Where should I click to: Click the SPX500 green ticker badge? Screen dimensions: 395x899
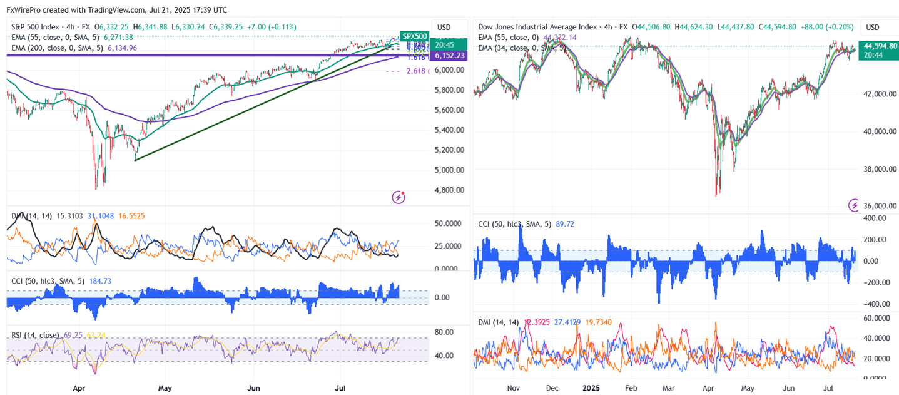(x=414, y=36)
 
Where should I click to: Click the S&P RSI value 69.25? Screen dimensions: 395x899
(x=73, y=335)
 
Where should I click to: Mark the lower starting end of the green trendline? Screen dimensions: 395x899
(x=135, y=160)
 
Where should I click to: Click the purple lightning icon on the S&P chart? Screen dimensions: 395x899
(x=399, y=198)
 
